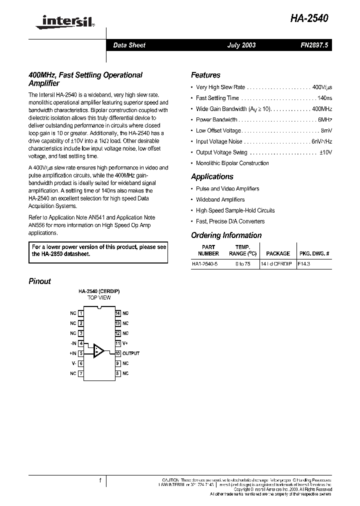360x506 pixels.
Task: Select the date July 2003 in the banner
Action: coord(241,45)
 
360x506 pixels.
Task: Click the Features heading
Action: coord(205,75)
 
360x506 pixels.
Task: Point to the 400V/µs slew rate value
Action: coord(322,87)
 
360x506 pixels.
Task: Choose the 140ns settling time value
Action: coord(324,98)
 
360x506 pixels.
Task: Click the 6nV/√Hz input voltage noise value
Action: coord(321,141)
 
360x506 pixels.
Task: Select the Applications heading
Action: coord(212,176)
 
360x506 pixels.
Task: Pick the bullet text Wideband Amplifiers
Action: coord(220,199)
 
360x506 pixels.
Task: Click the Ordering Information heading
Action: coord(226,235)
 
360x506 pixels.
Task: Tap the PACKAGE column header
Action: coord(278,253)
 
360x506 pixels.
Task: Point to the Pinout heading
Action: coord(39,281)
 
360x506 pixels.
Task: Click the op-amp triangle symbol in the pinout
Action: coord(99,350)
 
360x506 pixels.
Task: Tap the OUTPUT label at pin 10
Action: coord(131,353)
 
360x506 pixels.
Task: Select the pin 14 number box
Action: coord(118,313)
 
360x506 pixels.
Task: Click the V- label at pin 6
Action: coord(73,363)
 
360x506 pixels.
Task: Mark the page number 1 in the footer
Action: coord(100,481)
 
